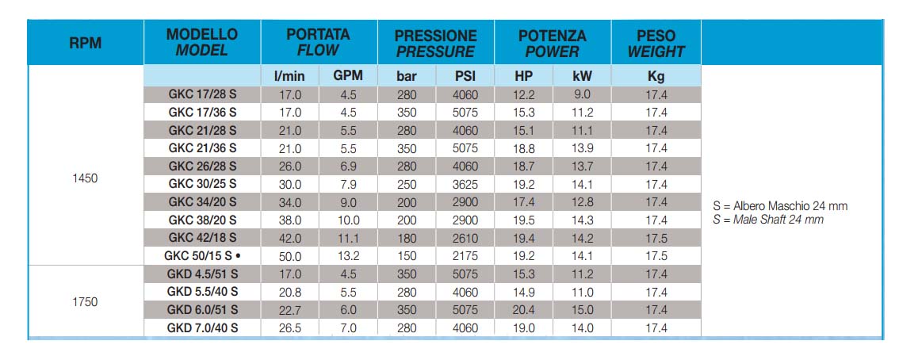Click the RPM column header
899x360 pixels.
(x=86, y=43)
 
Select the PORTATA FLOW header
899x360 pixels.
(x=318, y=42)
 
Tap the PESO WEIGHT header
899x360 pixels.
(x=656, y=43)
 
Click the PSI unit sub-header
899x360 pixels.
(x=465, y=75)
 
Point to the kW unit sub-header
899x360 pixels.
(x=582, y=75)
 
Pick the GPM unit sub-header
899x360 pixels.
(x=348, y=75)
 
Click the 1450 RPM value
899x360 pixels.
(x=86, y=178)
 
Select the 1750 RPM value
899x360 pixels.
(x=86, y=301)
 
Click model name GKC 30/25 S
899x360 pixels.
(x=202, y=184)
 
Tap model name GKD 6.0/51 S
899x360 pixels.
(x=202, y=309)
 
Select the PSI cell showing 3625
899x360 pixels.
(x=465, y=185)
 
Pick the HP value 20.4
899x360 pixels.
(x=523, y=310)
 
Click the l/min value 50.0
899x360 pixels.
(x=290, y=256)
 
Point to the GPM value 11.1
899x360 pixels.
(x=348, y=238)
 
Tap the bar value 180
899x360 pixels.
(x=407, y=238)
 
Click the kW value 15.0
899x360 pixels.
(x=582, y=310)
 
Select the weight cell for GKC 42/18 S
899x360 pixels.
(x=656, y=238)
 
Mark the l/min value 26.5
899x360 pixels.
(x=290, y=328)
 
